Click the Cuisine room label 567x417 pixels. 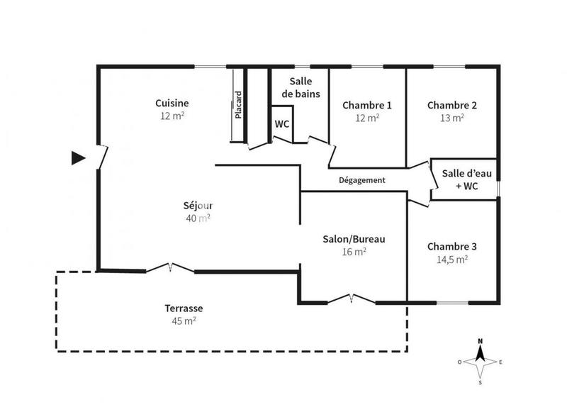click(172, 104)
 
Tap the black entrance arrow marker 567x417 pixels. click(78, 157)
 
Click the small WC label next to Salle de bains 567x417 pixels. click(281, 123)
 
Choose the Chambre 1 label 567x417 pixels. click(366, 105)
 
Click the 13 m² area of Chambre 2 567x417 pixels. click(451, 118)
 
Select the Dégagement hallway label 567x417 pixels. click(361, 180)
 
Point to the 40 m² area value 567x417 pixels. click(198, 218)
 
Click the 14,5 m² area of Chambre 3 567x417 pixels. click(451, 260)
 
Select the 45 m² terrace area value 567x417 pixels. click(184, 321)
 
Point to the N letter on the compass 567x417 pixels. click(480, 341)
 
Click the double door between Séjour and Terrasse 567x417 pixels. click(170, 269)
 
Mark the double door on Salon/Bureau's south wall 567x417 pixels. click(352, 301)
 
